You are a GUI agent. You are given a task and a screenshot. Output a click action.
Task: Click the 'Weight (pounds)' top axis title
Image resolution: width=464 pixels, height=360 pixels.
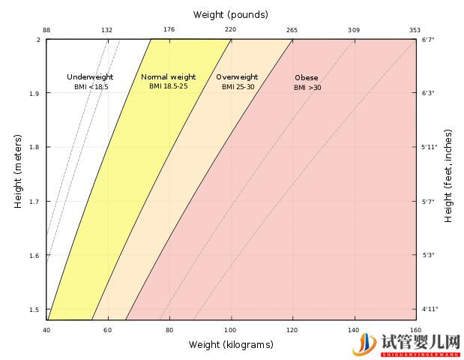[230, 14]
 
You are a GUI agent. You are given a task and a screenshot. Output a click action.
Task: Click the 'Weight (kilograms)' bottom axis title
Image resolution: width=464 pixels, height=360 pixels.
[230, 344]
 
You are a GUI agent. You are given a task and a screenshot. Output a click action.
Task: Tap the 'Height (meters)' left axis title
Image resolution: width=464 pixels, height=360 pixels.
[17, 172]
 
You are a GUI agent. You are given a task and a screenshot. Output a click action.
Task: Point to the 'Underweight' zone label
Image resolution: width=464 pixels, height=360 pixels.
[89, 76]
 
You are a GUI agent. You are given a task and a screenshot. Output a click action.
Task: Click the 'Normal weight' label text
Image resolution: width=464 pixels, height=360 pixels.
[168, 76]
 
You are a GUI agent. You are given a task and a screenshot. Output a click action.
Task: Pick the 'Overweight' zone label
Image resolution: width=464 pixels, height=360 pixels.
[237, 76]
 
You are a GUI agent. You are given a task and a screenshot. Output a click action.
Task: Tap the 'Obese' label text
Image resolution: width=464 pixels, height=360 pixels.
[306, 77]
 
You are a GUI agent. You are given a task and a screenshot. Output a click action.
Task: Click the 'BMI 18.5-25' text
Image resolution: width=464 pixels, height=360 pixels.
[168, 87]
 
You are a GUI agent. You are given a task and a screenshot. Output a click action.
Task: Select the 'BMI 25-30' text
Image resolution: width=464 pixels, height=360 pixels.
[238, 87]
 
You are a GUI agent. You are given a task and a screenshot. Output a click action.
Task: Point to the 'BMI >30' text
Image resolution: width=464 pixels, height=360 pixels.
[307, 88]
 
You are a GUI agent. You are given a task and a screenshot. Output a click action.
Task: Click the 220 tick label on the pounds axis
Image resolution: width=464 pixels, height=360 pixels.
[230, 30]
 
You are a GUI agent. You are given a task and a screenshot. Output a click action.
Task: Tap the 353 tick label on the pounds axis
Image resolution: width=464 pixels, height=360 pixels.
[415, 30]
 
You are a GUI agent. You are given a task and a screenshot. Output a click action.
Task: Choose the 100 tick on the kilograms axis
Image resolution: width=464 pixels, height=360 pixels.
[230, 330]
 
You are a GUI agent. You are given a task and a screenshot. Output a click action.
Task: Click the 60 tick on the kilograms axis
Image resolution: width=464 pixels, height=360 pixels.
[107, 330]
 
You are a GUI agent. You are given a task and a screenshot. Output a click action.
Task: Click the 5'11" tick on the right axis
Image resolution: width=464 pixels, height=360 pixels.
[430, 147]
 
